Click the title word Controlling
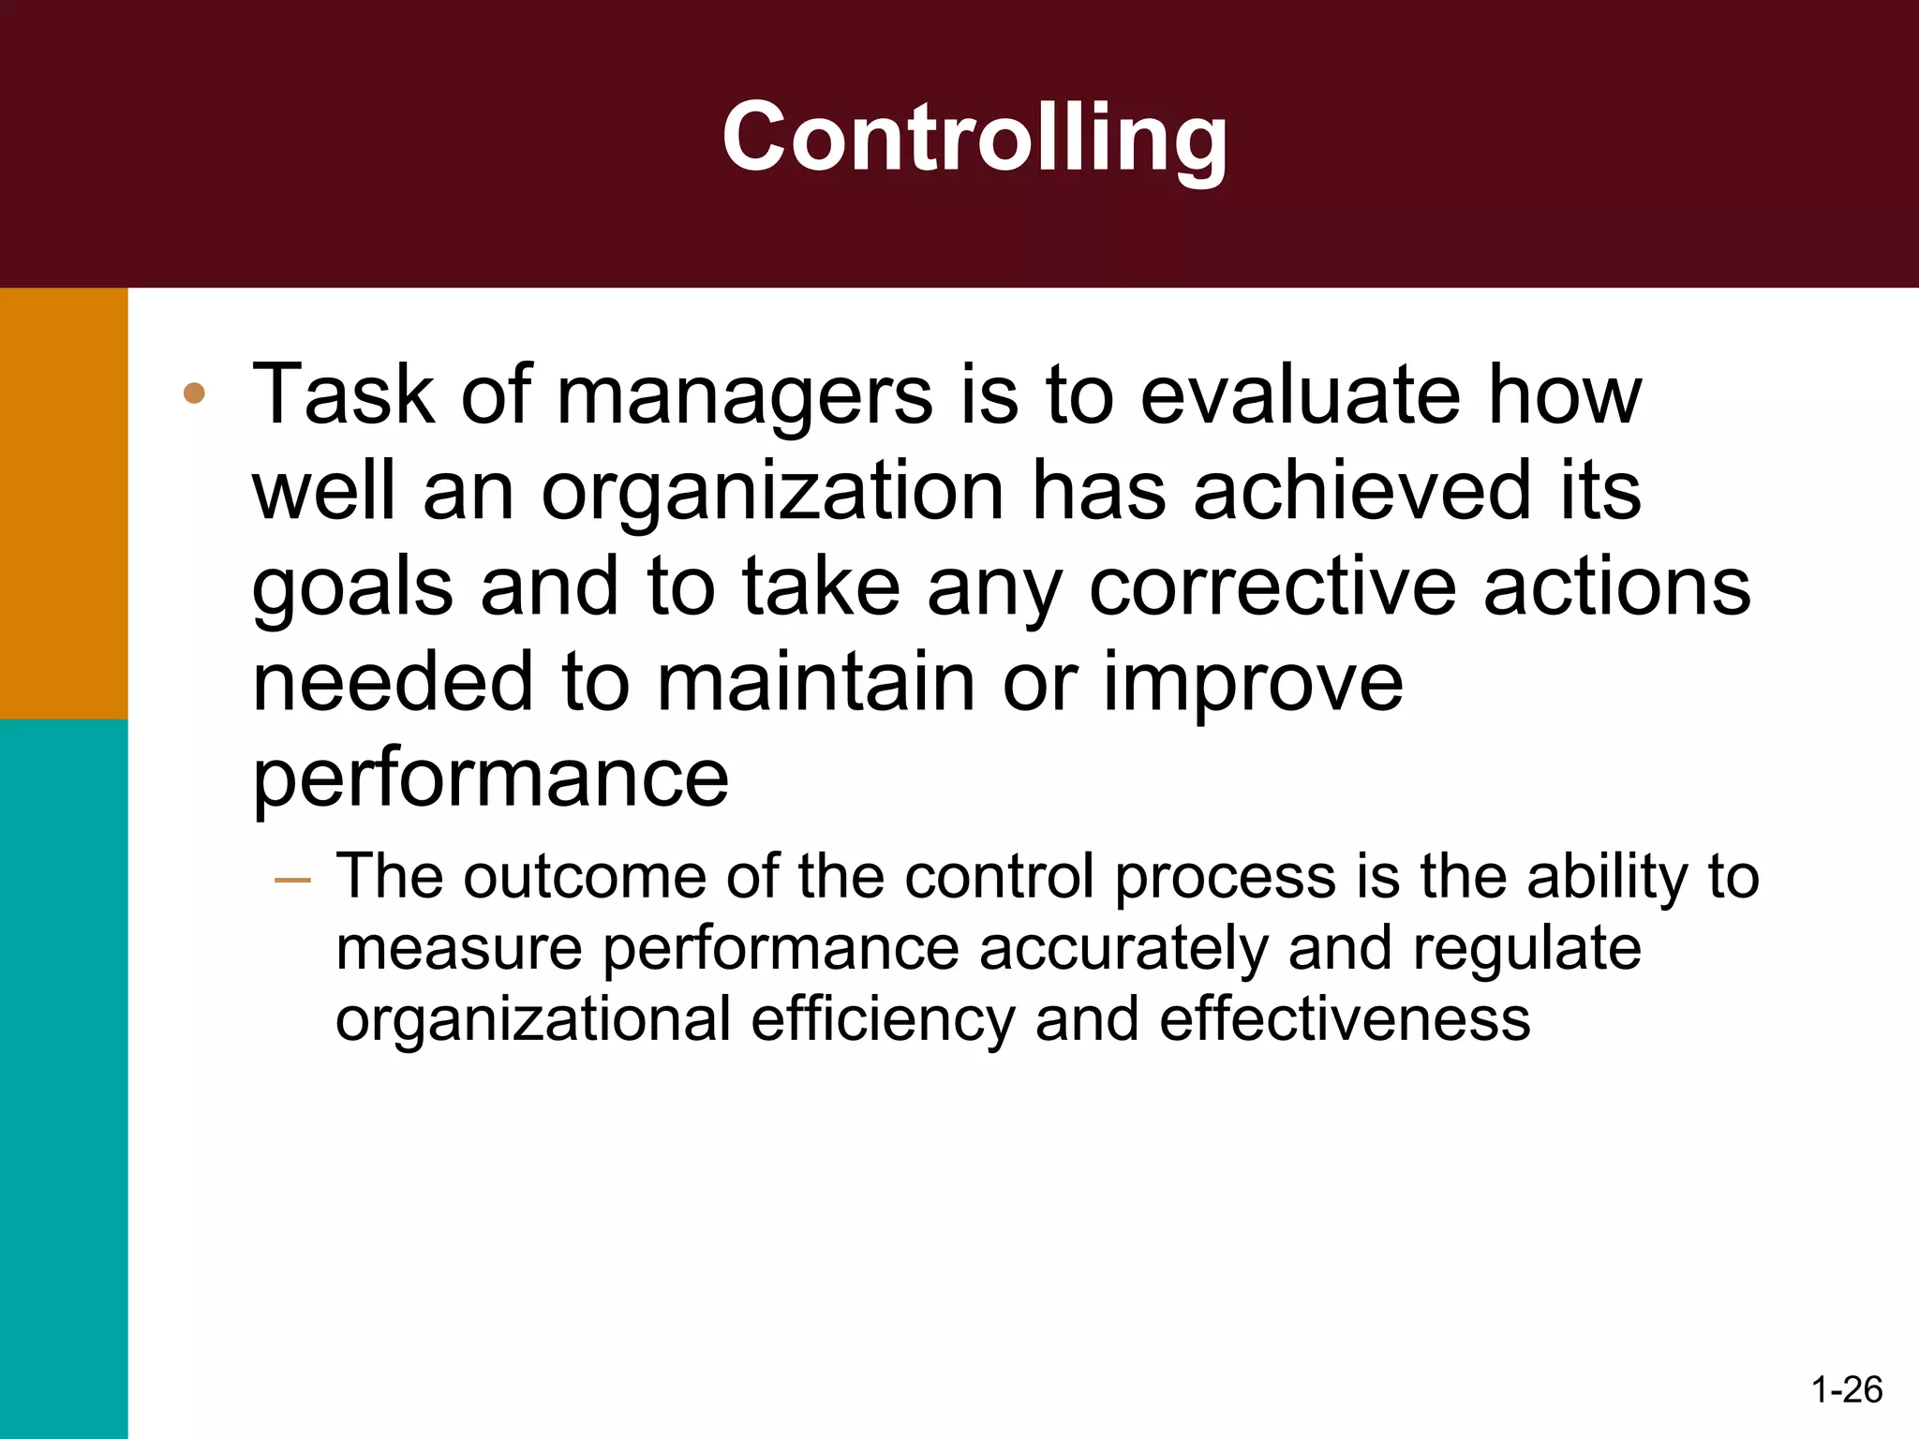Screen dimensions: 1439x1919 coord(974,139)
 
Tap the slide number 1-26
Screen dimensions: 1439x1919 coord(1847,1389)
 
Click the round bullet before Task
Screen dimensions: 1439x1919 coord(194,393)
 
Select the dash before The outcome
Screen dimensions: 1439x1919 coord(292,880)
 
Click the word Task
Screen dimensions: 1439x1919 coord(343,394)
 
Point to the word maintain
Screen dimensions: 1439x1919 coord(815,681)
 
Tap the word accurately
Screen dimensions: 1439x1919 coord(1123,949)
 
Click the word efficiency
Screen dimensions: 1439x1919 coord(883,1021)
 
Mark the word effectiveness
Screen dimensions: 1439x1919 coord(1345,1019)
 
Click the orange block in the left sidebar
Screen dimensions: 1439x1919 coord(64,503)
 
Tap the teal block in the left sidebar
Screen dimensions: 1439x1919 coord(64,1077)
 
